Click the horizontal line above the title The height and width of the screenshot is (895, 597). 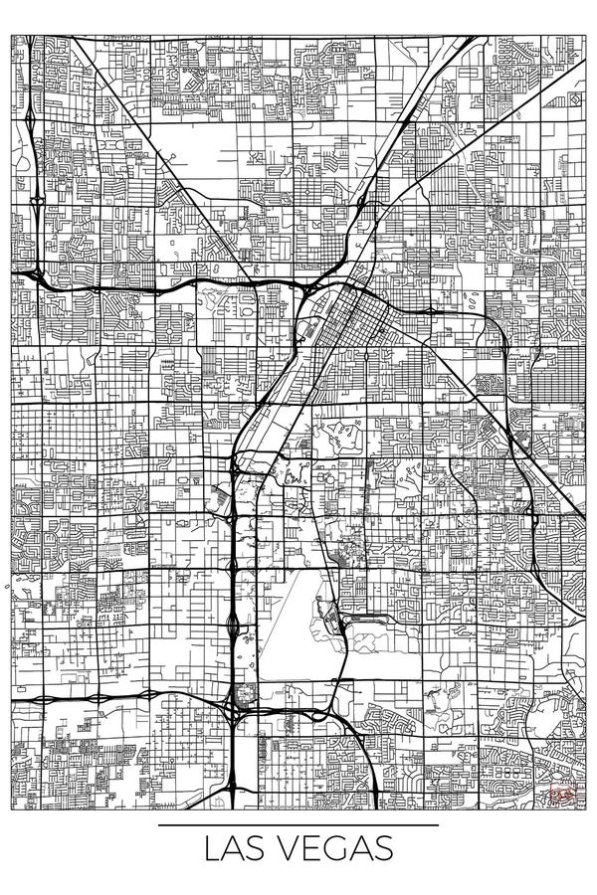tap(298, 826)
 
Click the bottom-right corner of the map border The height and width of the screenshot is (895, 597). tap(584, 808)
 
